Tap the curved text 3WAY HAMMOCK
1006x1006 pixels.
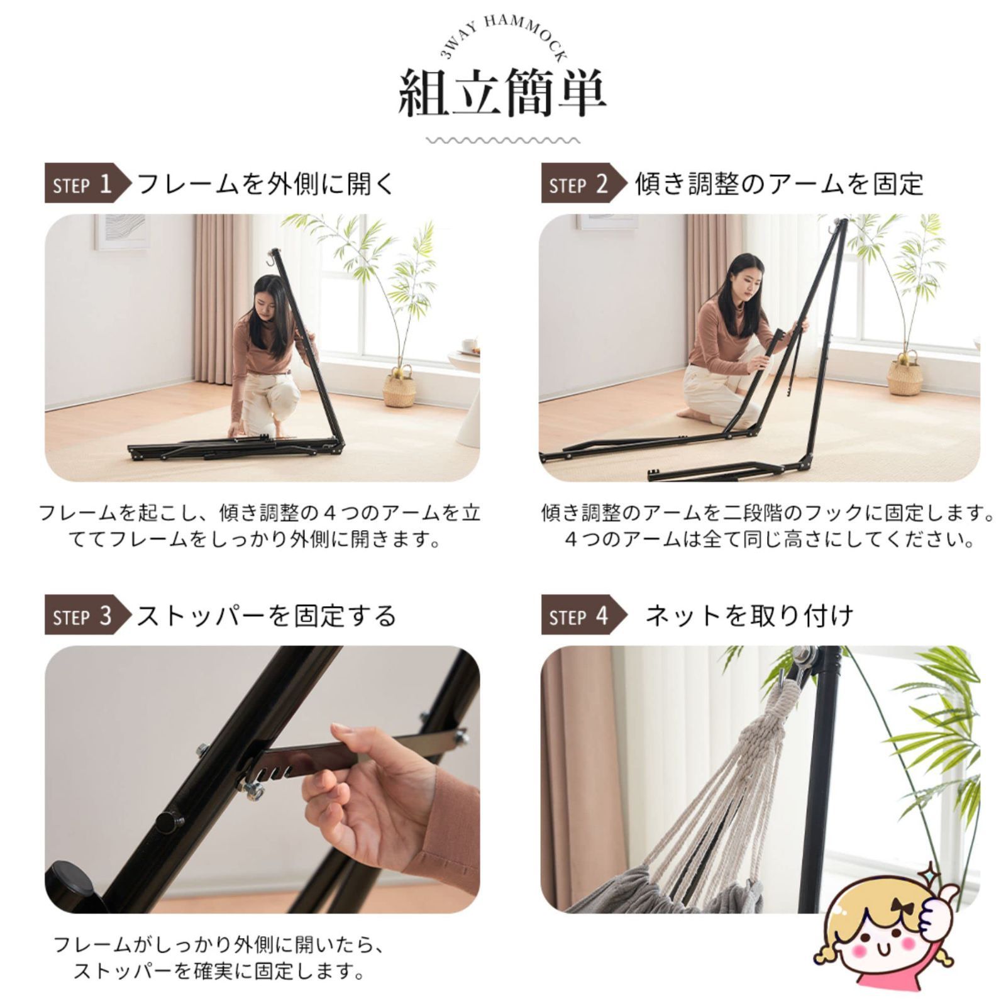(503, 35)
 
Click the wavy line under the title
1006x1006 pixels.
(502, 140)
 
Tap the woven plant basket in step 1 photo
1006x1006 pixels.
(399, 387)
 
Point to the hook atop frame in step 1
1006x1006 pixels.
(273, 257)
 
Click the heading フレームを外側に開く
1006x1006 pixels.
(266, 184)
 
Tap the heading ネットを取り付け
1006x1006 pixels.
(749, 616)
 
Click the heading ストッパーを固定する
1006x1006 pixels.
(266, 616)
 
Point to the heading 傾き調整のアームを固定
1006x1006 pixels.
(778, 184)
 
